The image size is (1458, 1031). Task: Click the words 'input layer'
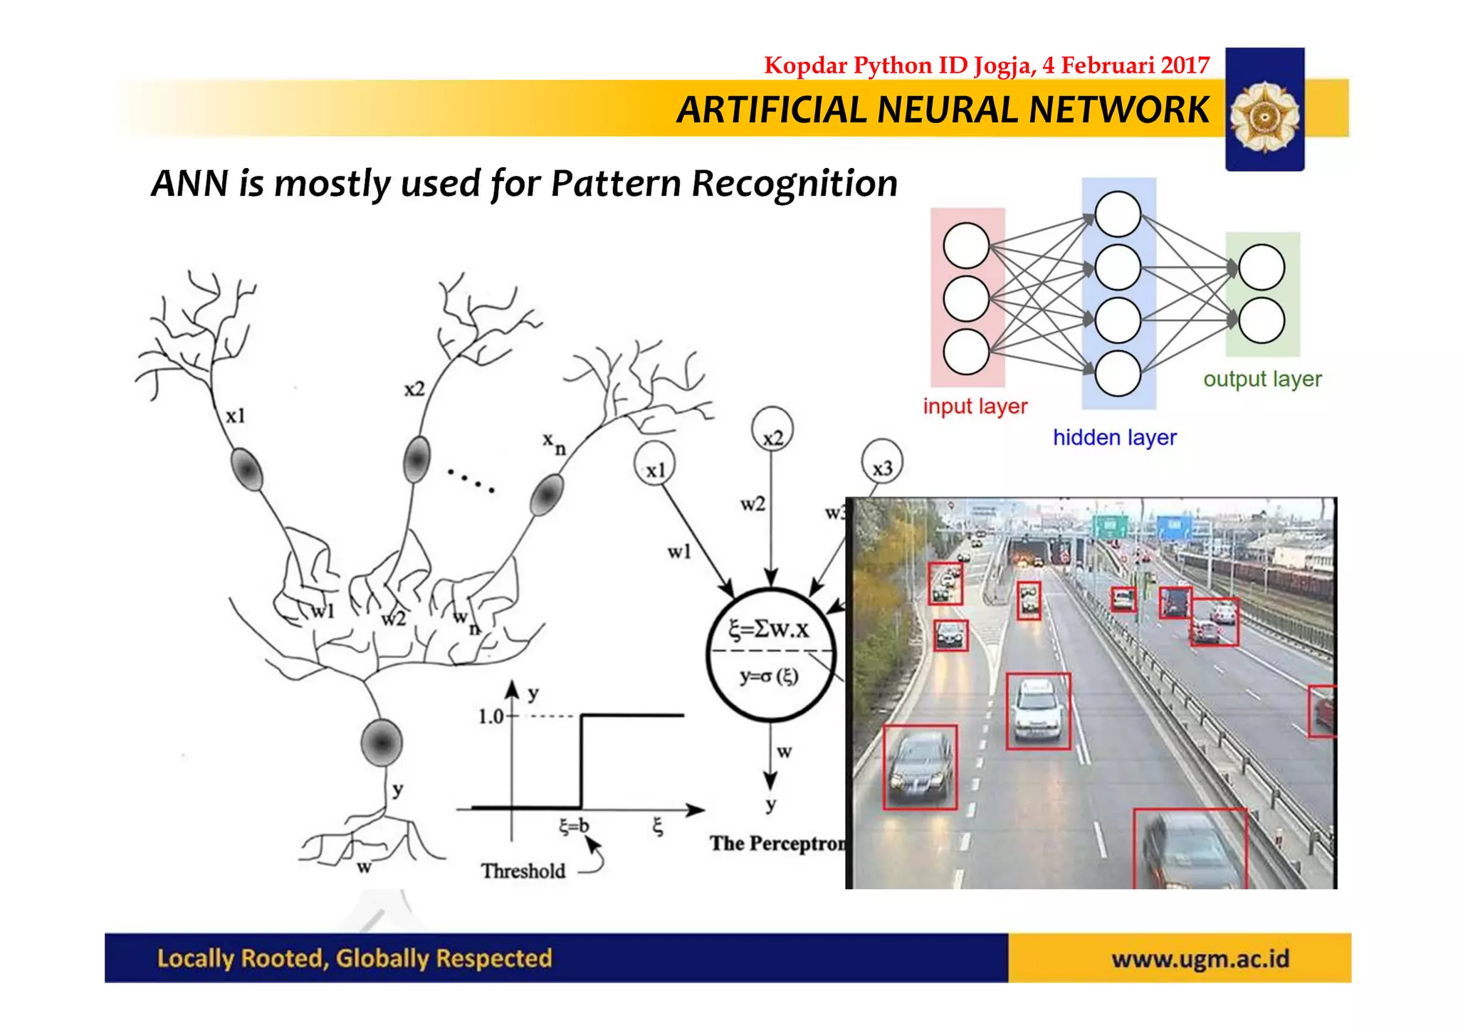click(x=975, y=407)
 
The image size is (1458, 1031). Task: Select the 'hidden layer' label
click(x=1114, y=437)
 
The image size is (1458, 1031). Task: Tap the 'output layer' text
click(x=1262, y=380)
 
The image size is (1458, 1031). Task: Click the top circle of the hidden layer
click(x=1118, y=214)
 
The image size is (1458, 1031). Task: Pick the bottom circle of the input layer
click(x=966, y=352)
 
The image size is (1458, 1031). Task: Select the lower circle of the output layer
click(x=1262, y=320)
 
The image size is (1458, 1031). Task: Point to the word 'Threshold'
click(x=523, y=871)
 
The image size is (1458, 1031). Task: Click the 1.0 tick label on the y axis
click(x=491, y=716)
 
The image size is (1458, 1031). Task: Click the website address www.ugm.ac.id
click(x=1200, y=959)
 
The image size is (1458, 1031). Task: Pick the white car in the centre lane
click(x=1037, y=710)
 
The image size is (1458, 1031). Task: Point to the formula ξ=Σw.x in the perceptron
click(x=769, y=629)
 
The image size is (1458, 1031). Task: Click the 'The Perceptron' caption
click(x=777, y=844)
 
